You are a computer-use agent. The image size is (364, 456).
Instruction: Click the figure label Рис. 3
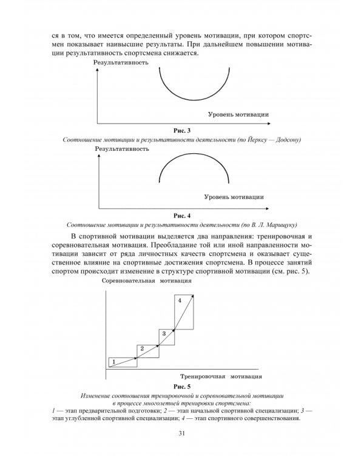tap(182, 131)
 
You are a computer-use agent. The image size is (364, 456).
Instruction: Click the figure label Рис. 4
tap(182, 215)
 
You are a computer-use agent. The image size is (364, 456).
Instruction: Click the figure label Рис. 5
tap(182, 386)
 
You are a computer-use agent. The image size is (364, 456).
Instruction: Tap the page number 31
tap(182, 433)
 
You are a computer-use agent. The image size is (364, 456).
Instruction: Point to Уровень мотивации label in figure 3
tap(238, 114)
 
